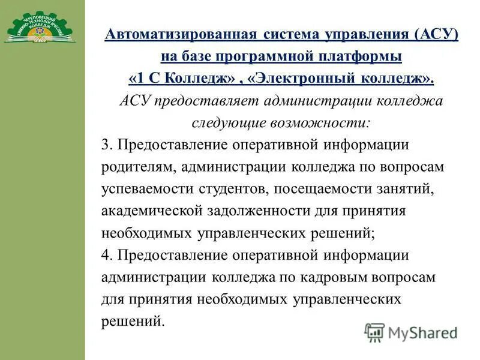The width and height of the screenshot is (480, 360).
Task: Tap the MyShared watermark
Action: tap(411, 332)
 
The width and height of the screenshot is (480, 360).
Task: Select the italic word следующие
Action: tap(230, 123)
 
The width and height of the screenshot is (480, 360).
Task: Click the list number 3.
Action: tap(106, 145)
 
